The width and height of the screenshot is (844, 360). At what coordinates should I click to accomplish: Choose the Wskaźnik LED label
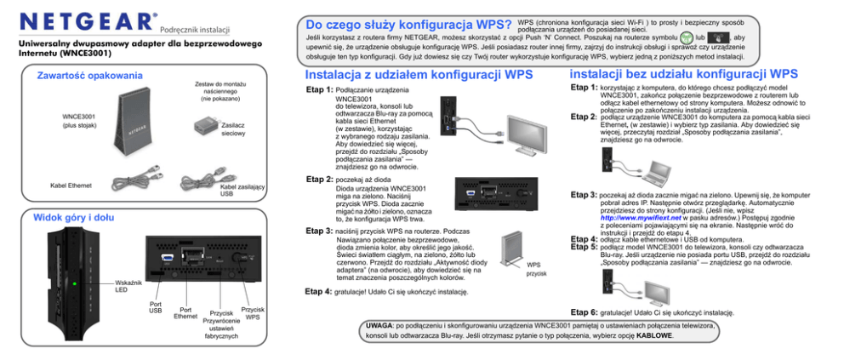[x=127, y=285]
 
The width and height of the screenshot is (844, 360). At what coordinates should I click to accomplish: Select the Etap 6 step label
[x=583, y=313]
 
